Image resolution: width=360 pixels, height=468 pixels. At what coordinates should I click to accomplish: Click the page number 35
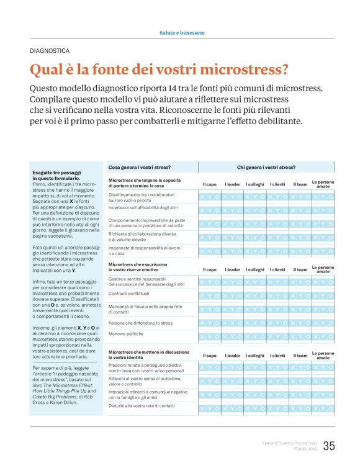[x=329, y=446]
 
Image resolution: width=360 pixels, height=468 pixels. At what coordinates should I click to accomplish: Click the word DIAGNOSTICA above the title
[x=49, y=51]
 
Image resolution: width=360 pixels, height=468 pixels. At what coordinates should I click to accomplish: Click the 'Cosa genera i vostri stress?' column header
[x=140, y=167]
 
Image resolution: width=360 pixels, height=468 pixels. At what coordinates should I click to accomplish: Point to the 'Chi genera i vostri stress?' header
[x=266, y=167]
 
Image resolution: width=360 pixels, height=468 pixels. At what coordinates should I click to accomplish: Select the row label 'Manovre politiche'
[x=127, y=333]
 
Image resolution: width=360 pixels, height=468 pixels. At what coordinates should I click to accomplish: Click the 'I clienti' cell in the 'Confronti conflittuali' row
[x=277, y=295]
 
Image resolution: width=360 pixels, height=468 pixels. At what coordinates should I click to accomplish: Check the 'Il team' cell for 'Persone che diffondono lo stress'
[x=300, y=323]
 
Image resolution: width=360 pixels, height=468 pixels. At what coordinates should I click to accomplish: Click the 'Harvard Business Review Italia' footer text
[x=288, y=442]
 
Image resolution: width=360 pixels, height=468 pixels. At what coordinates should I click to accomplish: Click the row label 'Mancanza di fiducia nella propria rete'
[x=144, y=307]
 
